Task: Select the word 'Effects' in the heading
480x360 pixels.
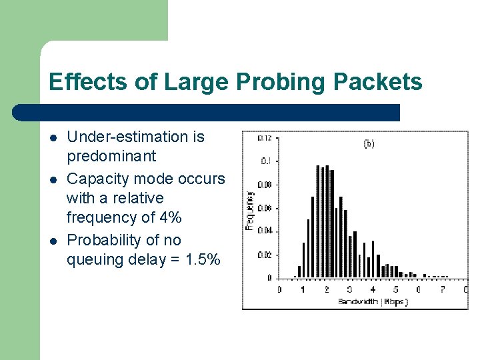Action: pyautogui.click(x=83, y=82)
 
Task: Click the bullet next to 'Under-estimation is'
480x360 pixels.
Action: pyautogui.click(x=53, y=138)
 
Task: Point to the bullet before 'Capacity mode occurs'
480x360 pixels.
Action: pyautogui.click(x=53, y=179)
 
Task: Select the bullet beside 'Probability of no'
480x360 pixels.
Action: pyautogui.click(x=53, y=241)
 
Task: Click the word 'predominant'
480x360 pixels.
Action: pyautogui.click(x=111, y=157)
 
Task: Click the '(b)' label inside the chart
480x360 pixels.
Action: pyautogui.click(x=369, y=143)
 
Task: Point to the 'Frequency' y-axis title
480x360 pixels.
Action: pyautogui.click(x=250, y=211)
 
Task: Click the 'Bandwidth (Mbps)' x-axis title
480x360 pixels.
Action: pyautogui.click(x=372, y=301)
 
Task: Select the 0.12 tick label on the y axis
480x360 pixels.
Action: pyautogui.click(x=265, y=138)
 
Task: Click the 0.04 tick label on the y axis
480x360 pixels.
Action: pyautogui.click(x=265, y=231)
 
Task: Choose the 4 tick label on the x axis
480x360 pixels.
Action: pyautogui.click(x=372, y=289)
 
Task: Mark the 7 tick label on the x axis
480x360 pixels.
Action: pyautogui.click(x=442, y=289)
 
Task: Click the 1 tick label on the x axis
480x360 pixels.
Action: pyautogui.click(x=302, y=289)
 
